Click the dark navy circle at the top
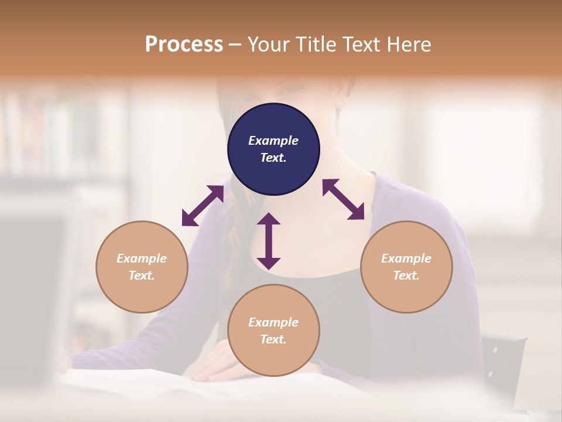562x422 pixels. pos(273,149)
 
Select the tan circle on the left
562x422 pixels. pos(142,267)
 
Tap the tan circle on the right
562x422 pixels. pos(406,267)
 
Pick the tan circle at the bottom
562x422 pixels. pos(273,331)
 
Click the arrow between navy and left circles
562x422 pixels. pos(203,206)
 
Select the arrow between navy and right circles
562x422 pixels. pos(344,199)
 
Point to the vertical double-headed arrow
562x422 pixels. pos(269,241)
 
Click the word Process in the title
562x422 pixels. pos(184,44)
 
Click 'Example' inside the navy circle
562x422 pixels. pos(273,141)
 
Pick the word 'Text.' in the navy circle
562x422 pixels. pos(273,158)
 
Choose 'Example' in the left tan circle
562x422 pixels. pos(142,258)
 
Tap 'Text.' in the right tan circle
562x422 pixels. pos(406,275)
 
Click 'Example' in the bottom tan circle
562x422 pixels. pos(273,322)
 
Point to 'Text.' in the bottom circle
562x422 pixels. pos(273,339)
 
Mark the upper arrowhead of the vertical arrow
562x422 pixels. pos(269,219)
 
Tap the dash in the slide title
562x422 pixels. pos(235,45)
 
